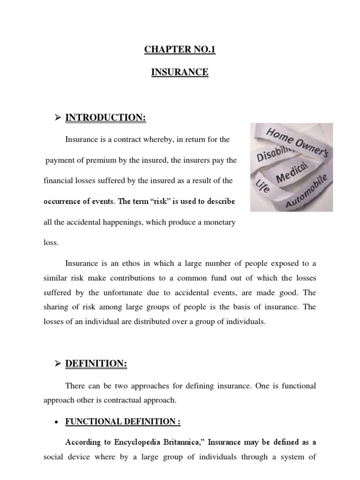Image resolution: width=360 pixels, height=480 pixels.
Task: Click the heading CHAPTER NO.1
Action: (x=180, y=50)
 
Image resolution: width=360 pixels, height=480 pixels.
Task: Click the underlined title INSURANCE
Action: (x=180, y=72)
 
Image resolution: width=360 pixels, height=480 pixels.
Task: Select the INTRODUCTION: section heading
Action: (x=105, y=118)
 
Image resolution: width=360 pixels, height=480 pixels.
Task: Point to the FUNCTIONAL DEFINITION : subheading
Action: (x=123, y=422)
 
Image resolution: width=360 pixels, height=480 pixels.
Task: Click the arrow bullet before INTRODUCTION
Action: (x=58, y=118)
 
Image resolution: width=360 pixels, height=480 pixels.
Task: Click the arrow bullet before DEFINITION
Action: (x=58, y=364)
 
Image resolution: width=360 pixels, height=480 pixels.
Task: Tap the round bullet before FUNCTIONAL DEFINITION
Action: (x=56, y=422)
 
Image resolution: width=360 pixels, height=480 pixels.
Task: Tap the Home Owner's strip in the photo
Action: (x=297, y=140)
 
